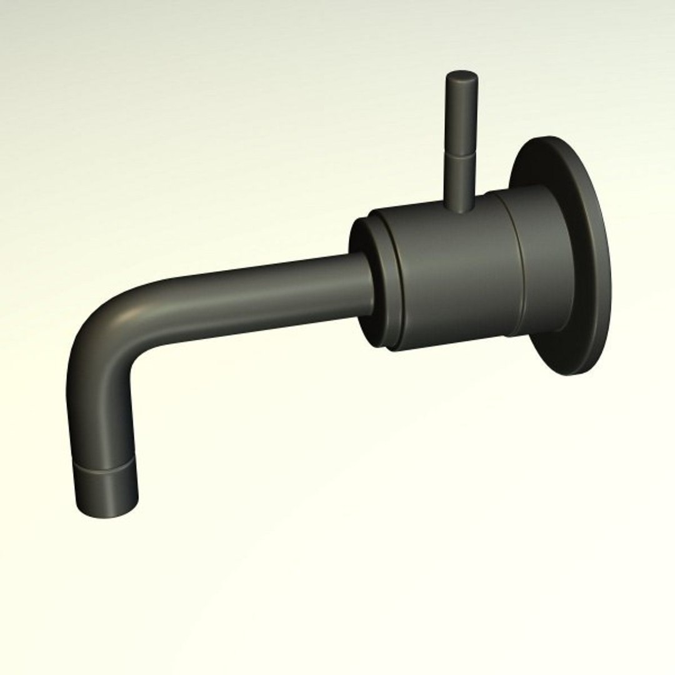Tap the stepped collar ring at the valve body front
click(x=383, y=281)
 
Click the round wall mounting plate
click(x=587, y=262)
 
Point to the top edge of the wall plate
click(x=550, y=140)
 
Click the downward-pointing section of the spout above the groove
click(x=100, y=419)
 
